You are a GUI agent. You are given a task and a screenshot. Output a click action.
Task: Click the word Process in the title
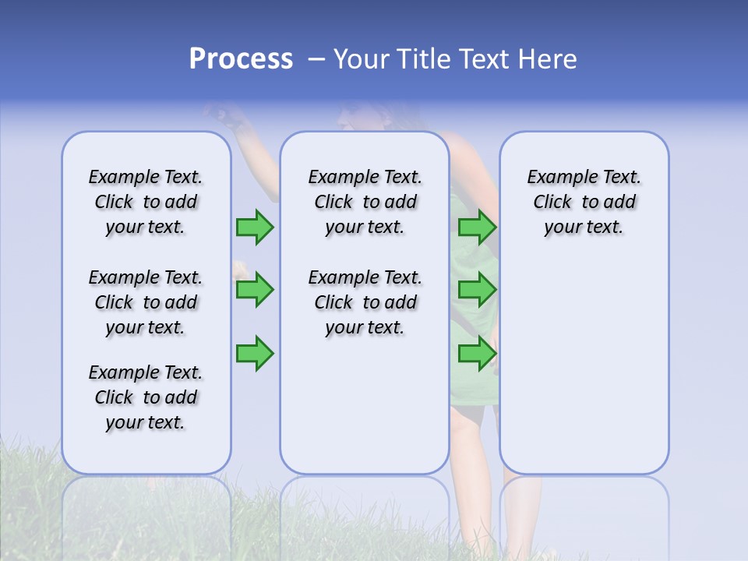pyautogui.click(x=241, y=59)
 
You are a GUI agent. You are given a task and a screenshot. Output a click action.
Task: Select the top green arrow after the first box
pyautogui.click(x=255, y=227)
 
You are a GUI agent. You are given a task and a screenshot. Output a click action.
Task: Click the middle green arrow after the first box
pyautogui.click(x=255, y=290)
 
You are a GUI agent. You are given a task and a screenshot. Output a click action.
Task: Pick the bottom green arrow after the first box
pyautogui.click(x=255, y=354)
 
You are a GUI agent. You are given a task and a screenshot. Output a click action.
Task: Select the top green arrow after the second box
pyautogui.click(x=477, y=227)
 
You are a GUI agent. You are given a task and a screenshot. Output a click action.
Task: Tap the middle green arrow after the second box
pyautogui.click(x=477, y=290)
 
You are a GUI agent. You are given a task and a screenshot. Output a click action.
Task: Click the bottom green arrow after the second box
pyautogui.click(x=477, y=354)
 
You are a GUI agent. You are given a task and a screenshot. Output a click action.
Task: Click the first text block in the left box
pyautogui.click(x=146, y=202)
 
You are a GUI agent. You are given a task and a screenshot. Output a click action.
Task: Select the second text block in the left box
pyautogui.click(x=146, y=302)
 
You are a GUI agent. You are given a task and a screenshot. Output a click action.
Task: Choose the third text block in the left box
pyautogui.click(x=146, y=397)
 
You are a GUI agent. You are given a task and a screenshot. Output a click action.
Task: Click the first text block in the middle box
pyautogui.click(x=365, y=202)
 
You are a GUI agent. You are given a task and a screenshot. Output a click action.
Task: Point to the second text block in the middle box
pyautogui.click(x=365, y=302)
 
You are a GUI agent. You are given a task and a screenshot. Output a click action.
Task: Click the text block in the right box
pyautogui.click(x=584, y=202)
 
